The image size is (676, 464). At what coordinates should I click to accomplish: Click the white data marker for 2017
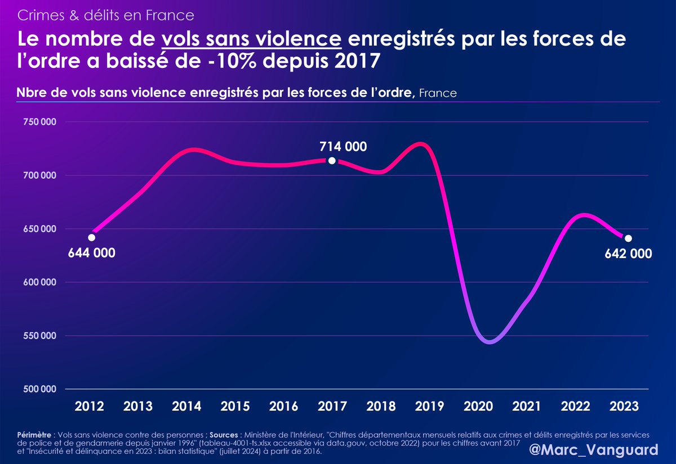tap(332, 161)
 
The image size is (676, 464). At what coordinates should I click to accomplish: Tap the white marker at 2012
tap(91, 237)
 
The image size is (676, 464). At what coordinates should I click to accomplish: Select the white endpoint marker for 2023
tap(628, 238)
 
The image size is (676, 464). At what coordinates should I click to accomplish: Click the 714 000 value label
tap(343, 147)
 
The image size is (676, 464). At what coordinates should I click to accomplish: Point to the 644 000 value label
tap(92, 253)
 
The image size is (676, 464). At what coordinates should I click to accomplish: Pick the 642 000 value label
tap(629, 254)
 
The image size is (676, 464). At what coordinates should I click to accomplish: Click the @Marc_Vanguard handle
tap(594, 450)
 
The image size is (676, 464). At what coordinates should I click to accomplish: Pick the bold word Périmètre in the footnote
tap(35, 435)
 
